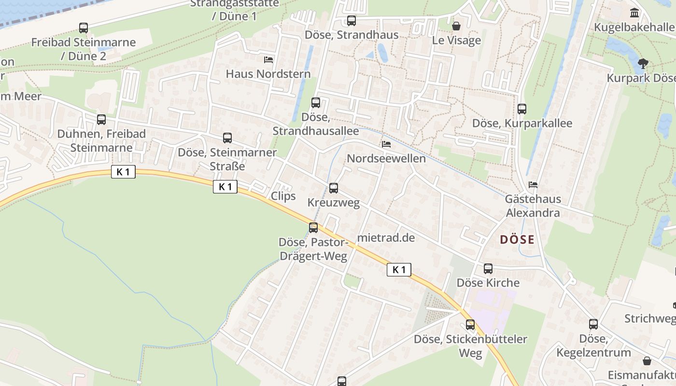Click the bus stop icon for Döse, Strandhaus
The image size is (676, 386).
pyautogui.click(x=352, y=21)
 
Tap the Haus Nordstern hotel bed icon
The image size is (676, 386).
pyautogui.click(x=268, y=60)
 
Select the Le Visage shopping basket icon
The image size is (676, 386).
pyautogui.click(x=456, y=26)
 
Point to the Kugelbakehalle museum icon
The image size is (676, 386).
pyautogui.click(x=634, y=13)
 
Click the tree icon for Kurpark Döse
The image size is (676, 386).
pyautogui.click(x=643, y=63)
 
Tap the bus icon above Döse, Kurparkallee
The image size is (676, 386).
pyautogui.click(x=522, y=109)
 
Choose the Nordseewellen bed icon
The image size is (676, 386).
pyautogui.click(x=386, y=144)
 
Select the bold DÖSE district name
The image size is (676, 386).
pyautogui.click(x=517, y=239)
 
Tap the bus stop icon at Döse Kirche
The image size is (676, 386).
pyautogui.click(x=488, y=269)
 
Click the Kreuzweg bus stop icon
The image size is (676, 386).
pyautogui.click(x=334, y=188)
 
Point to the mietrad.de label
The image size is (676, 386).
pyautogui.click(x=386, y=237)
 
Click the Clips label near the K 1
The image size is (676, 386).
pyautogui.click(x=283, y=196)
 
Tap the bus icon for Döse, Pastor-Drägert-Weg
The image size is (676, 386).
pyautogui.click(x=313, y=228)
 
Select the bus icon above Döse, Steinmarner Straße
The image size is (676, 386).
pyautogui.click(x=227, y=138)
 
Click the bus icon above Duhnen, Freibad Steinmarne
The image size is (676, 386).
pyautogui.click(x=101, y=120)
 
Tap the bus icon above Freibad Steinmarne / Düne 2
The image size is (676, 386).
pyautogui.click(x=84, y=28)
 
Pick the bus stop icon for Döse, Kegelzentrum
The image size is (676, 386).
pyautogui.click(x=593, y=324)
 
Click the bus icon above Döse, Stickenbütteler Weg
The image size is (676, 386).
pyautogui.click(x=470, y=325)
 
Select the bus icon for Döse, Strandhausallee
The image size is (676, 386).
pyautogui.click(x=316, y=102)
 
